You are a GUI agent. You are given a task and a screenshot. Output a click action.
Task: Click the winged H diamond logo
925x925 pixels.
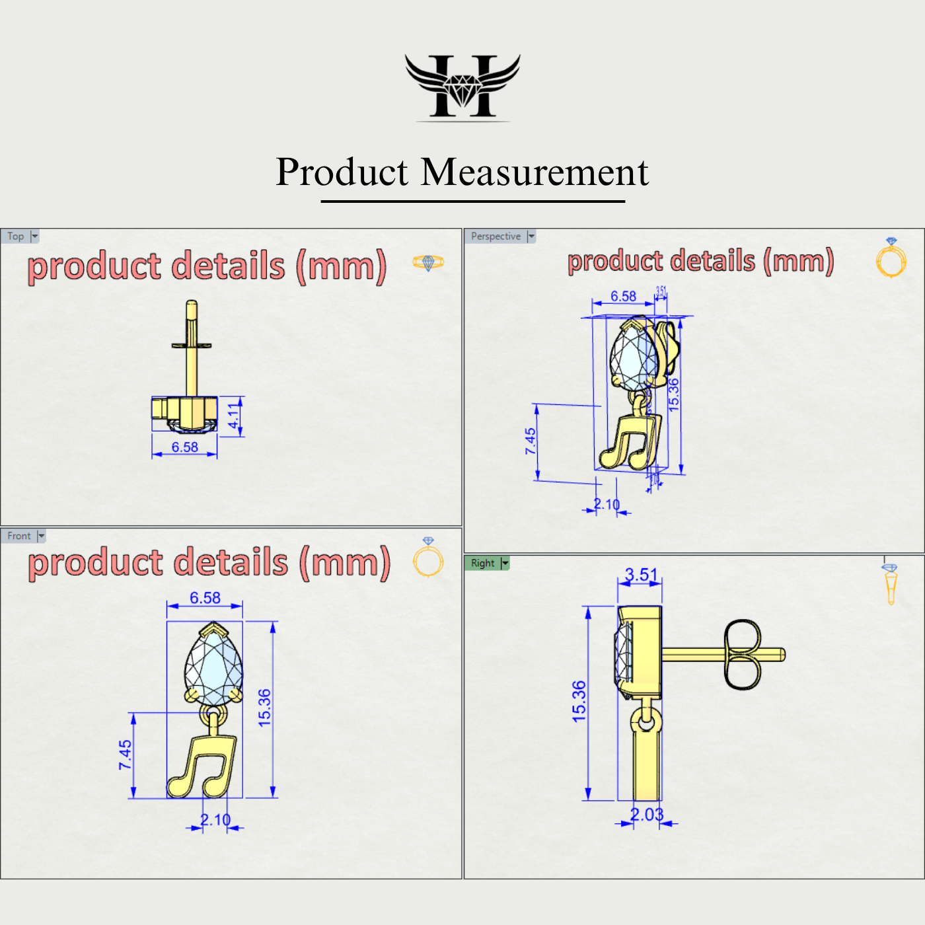462,87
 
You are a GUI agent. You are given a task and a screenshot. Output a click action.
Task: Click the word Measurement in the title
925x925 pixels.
535,173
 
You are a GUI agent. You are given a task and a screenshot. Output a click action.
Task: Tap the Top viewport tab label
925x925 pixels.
16,237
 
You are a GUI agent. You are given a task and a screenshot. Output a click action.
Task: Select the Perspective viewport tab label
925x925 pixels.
496,237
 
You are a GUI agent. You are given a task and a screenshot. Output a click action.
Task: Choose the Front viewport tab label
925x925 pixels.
19,536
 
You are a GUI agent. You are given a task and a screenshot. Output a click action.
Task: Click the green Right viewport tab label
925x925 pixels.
482,563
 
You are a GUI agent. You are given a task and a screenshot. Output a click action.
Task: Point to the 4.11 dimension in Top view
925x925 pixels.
233,418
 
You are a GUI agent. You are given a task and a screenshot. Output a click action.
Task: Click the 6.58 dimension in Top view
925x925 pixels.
185,447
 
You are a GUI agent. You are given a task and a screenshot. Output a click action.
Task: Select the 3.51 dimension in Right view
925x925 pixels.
641,575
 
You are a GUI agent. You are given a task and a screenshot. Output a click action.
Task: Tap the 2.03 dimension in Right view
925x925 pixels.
646,815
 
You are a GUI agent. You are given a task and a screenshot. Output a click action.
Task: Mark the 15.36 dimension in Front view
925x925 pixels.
264,708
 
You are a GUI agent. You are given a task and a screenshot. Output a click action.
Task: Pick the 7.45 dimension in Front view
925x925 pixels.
125,755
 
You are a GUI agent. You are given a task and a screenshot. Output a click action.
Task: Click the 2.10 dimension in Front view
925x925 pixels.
215,820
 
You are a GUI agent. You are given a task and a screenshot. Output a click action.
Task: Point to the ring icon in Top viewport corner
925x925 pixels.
428,262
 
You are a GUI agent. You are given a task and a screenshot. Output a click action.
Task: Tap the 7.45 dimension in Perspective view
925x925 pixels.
531,441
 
